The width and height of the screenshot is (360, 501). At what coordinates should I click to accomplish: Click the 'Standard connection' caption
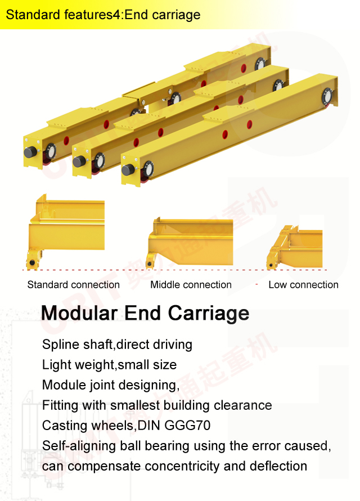coord(73,285)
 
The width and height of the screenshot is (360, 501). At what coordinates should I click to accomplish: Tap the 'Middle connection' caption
coord(191,285)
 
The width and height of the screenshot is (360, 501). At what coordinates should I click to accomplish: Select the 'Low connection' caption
coord(303,285)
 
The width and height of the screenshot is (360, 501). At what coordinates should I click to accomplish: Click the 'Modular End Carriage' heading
coord(145,313)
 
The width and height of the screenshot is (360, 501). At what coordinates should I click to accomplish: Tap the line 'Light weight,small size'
coord(109,365)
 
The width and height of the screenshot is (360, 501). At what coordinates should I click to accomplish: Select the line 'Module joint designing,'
coord(110,385)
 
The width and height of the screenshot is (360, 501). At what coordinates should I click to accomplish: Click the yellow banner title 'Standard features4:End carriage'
coord(103,15)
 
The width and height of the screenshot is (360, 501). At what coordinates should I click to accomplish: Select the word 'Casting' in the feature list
coord(62,426)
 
